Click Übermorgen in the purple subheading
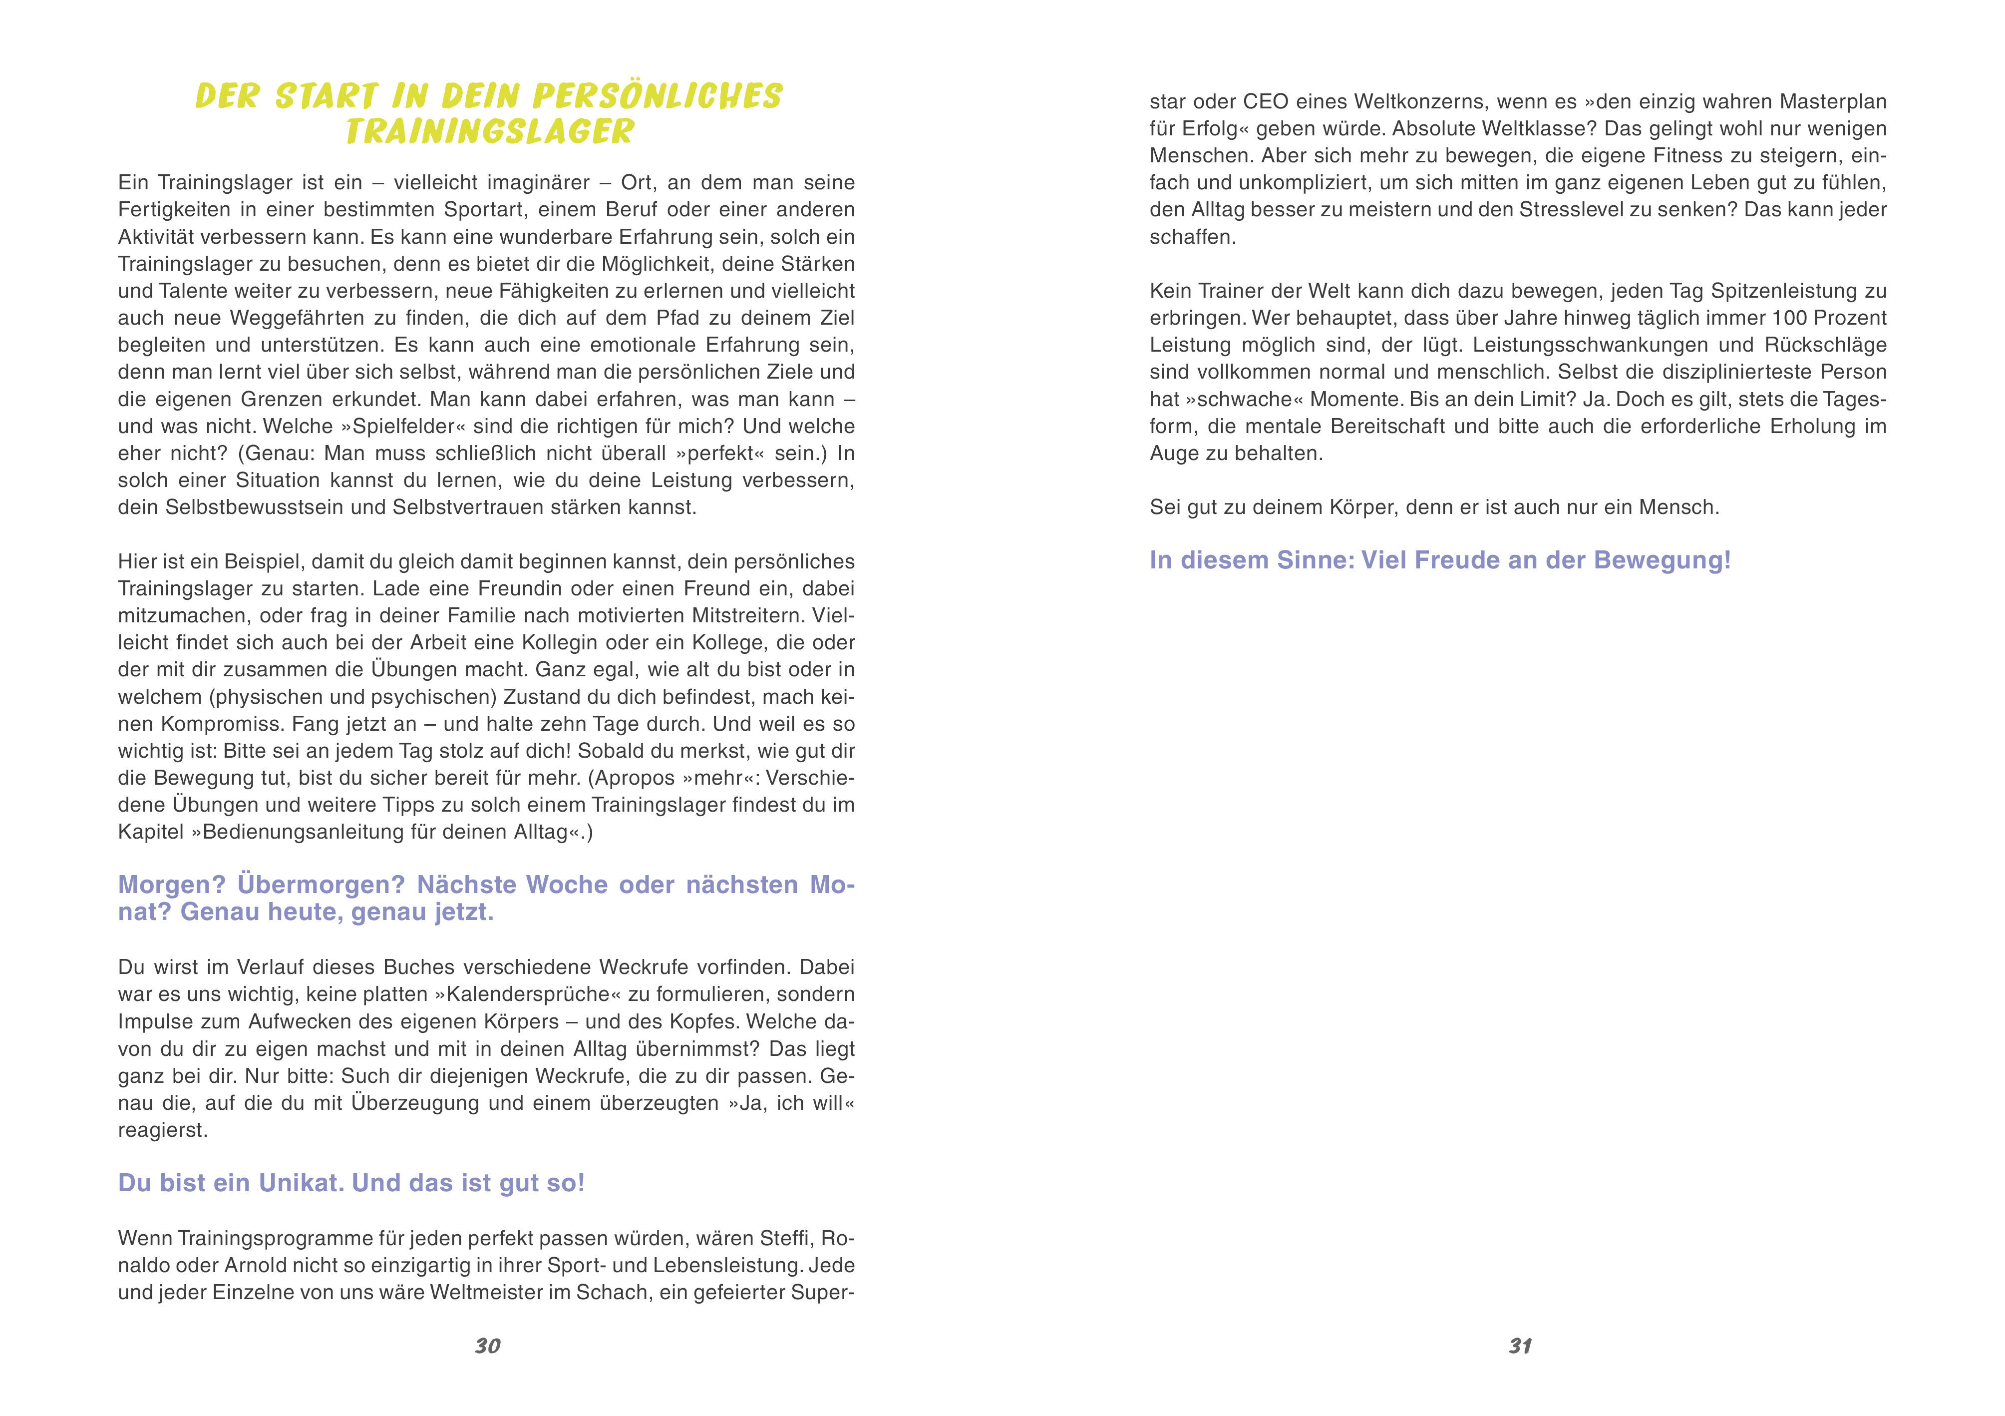[322, 885]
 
